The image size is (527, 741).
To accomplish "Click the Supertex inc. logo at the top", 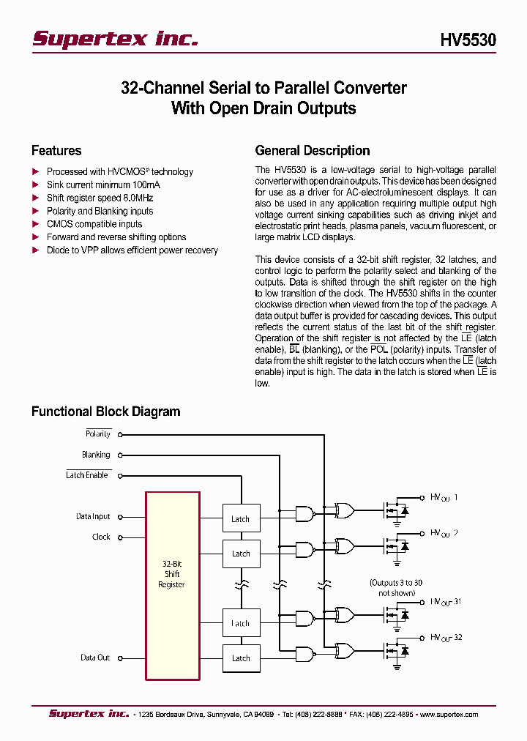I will tap(115, 39).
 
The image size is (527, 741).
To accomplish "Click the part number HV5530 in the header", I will tap(468, 40).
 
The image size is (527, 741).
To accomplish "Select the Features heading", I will tap(56, 151).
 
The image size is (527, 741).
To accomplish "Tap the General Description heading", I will tap(313, 151).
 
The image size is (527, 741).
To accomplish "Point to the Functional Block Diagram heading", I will tap(105, 412).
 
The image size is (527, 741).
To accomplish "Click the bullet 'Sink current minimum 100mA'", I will tap(103, 185).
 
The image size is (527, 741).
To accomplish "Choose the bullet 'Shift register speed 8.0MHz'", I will tap(100, 198).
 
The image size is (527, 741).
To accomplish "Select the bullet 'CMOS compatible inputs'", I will tap(94, 224).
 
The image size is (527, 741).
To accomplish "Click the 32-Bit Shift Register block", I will tap(172, 574).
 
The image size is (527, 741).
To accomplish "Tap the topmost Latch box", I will tap(241, 518).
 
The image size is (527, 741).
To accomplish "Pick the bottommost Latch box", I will tap(241, 658).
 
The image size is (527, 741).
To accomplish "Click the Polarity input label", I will tap(98, 434).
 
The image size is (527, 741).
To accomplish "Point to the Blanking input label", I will tap(96, 455).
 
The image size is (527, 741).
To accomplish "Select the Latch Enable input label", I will tap(87, 475).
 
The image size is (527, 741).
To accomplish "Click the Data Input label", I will tap(93, 516).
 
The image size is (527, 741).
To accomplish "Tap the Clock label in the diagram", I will tap(101, 537).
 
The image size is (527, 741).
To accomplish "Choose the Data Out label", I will tap(95, 658).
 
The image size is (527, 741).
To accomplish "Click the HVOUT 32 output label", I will tap(446, 638).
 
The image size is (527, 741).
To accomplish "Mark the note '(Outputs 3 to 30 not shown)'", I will tap(396, 587).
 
